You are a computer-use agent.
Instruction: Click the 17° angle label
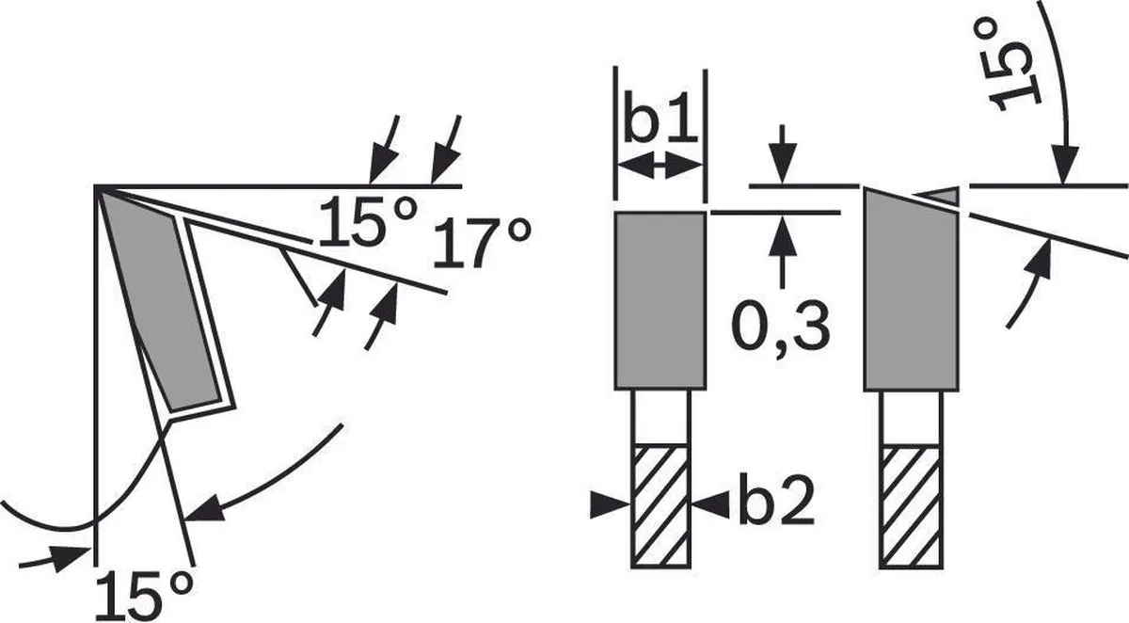482,243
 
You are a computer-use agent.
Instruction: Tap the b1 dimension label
660,117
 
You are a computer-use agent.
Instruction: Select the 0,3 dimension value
780,327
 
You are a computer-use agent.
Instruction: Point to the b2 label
777,499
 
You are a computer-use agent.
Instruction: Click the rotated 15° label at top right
1013,67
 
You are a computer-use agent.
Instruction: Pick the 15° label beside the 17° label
369,221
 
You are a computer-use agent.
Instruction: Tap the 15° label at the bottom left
144,596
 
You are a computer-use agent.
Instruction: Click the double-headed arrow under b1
660,166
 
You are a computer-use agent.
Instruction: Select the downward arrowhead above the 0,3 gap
783,165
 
